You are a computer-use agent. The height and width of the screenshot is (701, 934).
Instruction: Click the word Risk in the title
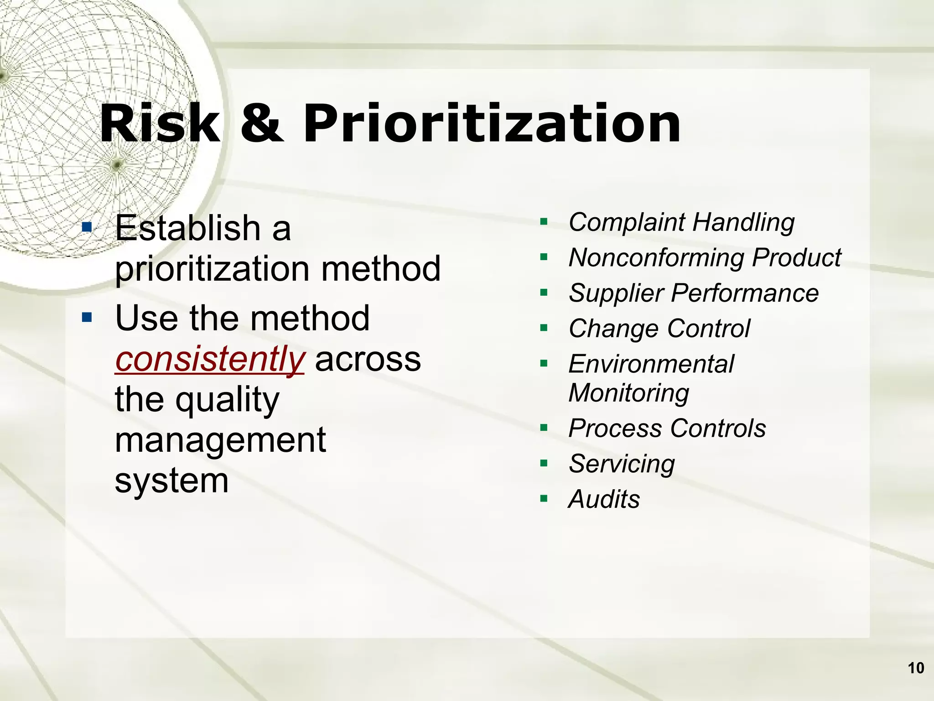[160, 124]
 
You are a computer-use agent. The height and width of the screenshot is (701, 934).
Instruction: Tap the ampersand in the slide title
[262, 124]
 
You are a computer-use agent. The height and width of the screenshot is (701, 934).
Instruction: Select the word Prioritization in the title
[492, 124]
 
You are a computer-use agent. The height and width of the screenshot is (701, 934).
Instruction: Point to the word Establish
[187, 228]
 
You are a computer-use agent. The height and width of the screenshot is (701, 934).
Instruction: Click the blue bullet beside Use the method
[87, 317]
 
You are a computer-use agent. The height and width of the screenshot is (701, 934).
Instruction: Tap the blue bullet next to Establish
[87, 226]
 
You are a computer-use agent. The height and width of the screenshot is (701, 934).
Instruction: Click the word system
[171, 480]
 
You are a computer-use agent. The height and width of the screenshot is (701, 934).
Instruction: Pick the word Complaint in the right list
[627, 223]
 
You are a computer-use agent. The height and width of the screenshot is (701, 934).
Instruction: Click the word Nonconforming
[657, 258]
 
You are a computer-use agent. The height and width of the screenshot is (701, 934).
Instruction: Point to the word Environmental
[651, 364]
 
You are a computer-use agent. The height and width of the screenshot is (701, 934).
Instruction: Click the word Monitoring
[629, 393]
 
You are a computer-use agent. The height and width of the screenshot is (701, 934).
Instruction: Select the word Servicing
[622, 464]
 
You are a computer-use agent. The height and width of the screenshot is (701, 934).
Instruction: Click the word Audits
[604, 499]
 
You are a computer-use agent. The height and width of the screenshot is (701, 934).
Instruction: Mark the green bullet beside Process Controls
[544, 428]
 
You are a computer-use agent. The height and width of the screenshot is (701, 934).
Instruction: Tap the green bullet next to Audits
[544, 499]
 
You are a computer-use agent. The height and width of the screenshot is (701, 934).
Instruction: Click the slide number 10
[916, 668]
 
